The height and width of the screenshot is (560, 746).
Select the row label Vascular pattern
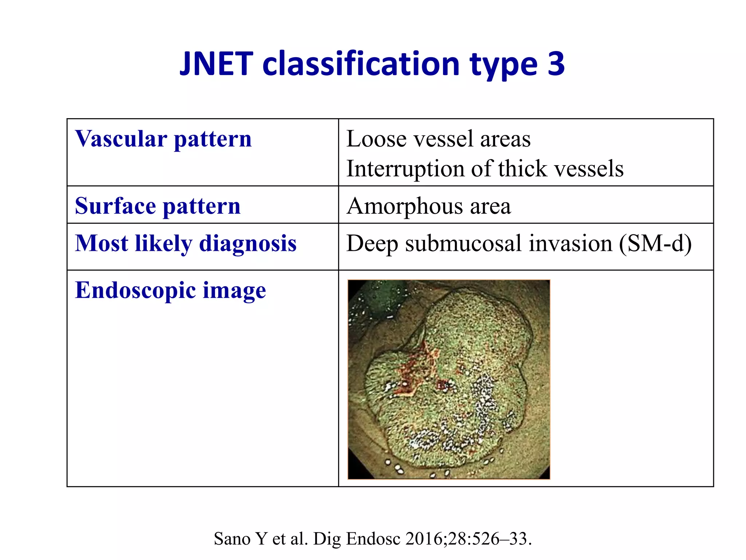[x=163, y=139]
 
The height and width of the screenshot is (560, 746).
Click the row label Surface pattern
[x=158, y=206]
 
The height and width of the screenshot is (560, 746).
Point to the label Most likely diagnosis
[x=185, y=243]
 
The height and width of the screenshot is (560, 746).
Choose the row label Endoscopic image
[x=170, y=290]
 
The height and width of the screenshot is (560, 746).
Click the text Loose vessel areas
[x=438, y=139]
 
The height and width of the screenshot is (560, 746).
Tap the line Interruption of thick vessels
[x=484, y=169]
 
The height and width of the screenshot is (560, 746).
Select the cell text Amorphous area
[x=428, y=206]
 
